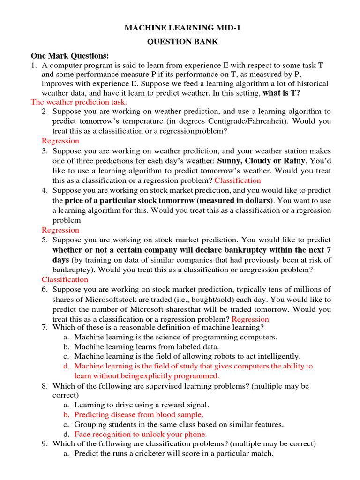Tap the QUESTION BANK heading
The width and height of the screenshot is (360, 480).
[183, 42]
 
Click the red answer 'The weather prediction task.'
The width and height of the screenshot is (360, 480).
[79, 102]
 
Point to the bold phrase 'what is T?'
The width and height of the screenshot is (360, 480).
[282, 93]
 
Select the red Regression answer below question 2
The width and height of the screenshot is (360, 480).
[60, 141]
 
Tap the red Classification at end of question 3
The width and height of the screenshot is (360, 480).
[238, 180]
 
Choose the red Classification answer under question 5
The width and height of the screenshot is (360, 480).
[65, 279]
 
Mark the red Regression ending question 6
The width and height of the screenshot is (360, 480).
[250, 319]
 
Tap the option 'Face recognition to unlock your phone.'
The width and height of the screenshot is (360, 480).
[141, 435]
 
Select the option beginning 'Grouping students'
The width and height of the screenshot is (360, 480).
[179, 425]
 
